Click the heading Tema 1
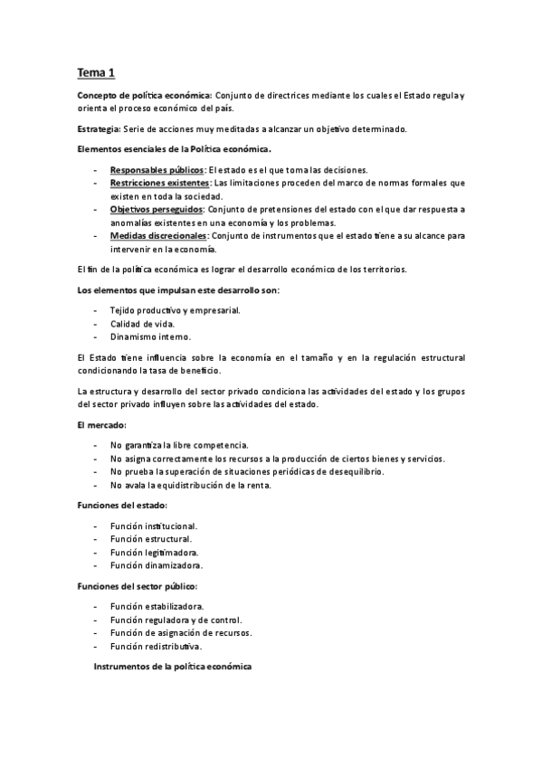click(95, 71)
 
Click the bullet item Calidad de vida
click(144, 323)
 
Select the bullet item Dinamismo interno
click(150, 336)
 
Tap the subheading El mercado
click(102, 424)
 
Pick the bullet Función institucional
click(154, 526)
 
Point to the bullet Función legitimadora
click(154, 552)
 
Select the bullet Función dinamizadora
click(156, 565)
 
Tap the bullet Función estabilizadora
click(157, 606)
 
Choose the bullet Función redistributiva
click(157, 647)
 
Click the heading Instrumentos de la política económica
click(173, 667)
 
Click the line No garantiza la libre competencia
click(179, 445)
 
